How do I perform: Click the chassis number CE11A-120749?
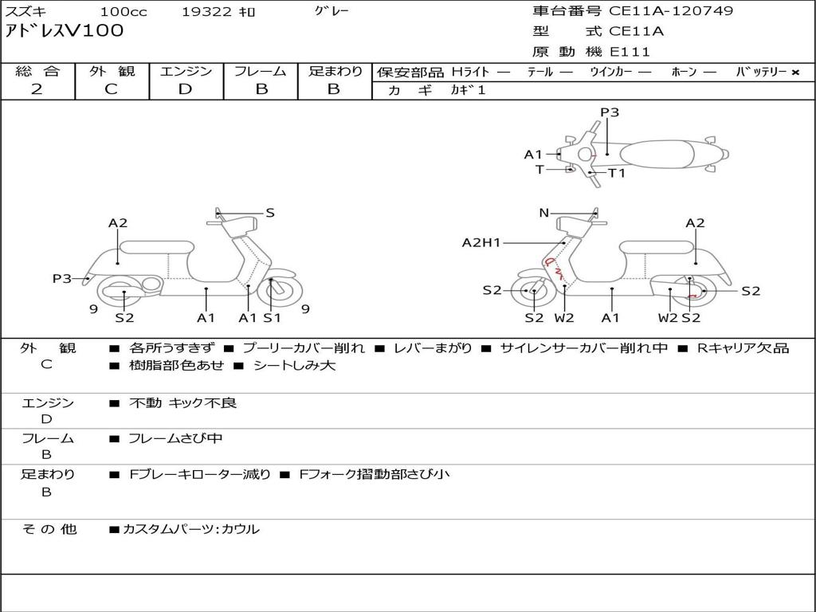pyautogui.click(x=671, y=11)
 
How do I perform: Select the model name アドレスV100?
pyautogui.click(x=65, y=31)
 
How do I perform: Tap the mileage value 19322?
pyautogui.click(x=206, y=11)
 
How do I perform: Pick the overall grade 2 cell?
pyautogui.click(x=37, y=89)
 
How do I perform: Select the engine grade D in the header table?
pyautogui.click(x=185, y=89)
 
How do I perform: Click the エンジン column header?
pyautogui.click(x=186, y=71)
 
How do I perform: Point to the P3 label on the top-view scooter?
pyautogui.click(x=610, y=112)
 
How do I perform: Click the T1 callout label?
pyautogui.click(x=617, y=173)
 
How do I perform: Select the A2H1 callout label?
pyautogui.click(x=481, y=243)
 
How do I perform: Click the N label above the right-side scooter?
pyautogui.click(x=544, y=213)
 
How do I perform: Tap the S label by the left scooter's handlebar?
pyautogui.click(x=270, y=213)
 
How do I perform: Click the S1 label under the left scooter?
pyautogui.click(x=273, y=318)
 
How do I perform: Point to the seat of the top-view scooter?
pyautogui.click(x=664, y=153)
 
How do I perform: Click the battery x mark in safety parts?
pyautogui.click(x=794, y=72)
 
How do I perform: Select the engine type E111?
pyautogui.click(x=630, y=52)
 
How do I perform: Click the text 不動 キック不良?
pyautogui.click(x=182, y=403)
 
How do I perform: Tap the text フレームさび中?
pyautogui.click(x=175, y=438)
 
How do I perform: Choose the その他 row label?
pyautogui.click(x=49, y=529)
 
